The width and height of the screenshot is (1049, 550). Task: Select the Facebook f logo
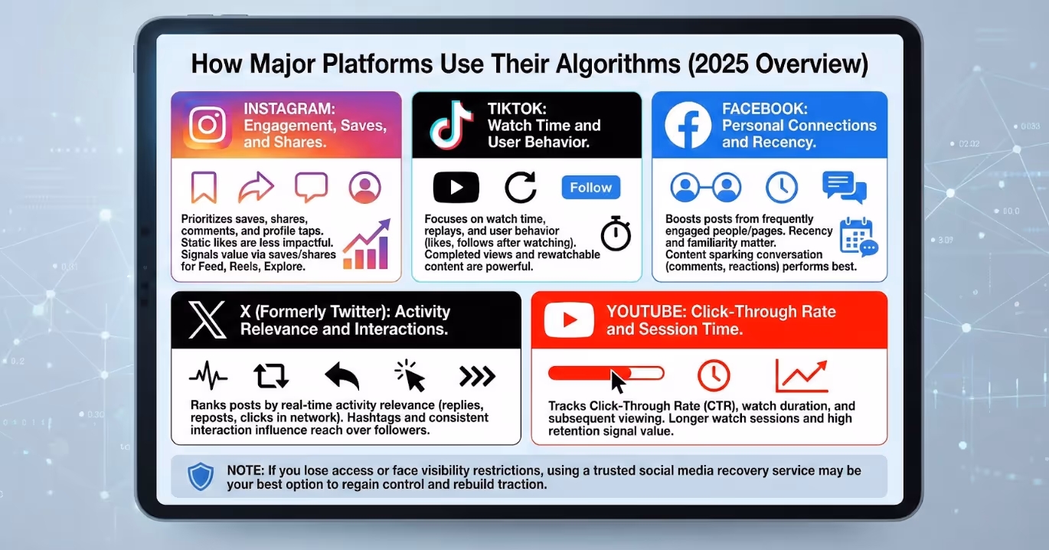point(688,125)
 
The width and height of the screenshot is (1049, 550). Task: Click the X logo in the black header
point(207,320)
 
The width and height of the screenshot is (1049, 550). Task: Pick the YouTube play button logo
point(569,320)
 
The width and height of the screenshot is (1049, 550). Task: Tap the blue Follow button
point(590,188)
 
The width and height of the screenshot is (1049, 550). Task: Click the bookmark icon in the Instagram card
point(204,188)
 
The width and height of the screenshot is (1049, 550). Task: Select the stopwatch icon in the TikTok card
point(616,234)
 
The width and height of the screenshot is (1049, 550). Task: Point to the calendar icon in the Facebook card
point(858,237)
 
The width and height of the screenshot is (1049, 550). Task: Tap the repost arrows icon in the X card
point(270,375)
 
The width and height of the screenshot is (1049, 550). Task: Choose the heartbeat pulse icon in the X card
point(208,376)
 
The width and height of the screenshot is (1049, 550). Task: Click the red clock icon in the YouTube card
point(714,375)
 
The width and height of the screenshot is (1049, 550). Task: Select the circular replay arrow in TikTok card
point(521,188)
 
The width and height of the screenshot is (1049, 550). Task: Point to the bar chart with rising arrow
point(366,245)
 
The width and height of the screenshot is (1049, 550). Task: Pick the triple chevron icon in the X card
point(476,375)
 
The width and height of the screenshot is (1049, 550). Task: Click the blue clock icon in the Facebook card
point(782,187)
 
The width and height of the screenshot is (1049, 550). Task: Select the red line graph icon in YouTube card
point(801,375)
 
